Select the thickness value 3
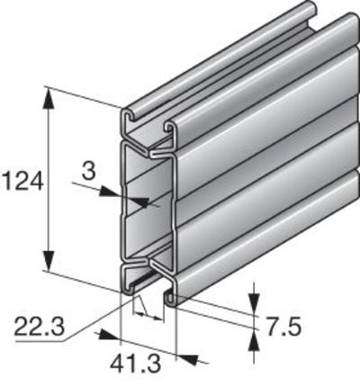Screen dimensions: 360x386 point(88,171)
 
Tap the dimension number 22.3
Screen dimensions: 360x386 point(39,327)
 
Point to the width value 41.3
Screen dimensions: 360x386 point(135,364)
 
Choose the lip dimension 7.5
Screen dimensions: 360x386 point(283,327)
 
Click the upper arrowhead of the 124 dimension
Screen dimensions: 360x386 point(49,98)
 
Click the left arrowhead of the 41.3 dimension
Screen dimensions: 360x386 point(109,336)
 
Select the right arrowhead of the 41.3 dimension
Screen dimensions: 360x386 point(188,358)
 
